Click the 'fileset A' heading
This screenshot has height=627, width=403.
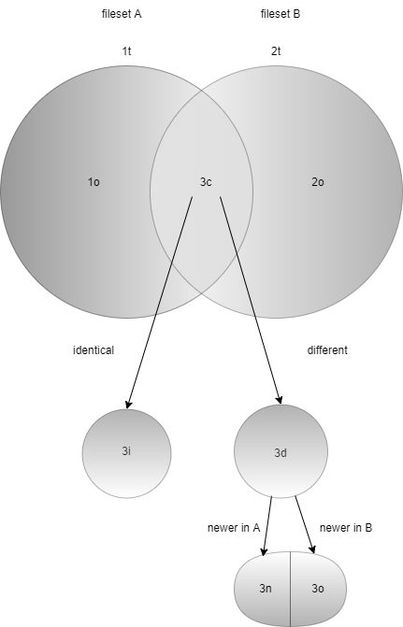[122, 14]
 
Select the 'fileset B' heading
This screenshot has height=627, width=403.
[281, 14]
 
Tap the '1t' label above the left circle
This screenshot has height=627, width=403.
[126, 51]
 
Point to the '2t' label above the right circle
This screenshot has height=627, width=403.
[276, 51]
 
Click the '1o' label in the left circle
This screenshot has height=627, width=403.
[94, 182]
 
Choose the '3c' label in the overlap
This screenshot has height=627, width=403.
[206, 182]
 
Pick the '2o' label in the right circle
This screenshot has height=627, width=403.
[318, 182]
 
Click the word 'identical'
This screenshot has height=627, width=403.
[94, 350]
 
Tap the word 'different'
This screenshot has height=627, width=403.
[327, 350]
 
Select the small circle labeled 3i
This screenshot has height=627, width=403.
[127, 454]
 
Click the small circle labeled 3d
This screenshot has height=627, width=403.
[281, 451]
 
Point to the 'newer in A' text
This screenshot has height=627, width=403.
[234, 528]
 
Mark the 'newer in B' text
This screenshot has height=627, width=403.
[346, 528]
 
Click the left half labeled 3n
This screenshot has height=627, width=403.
[263, 589]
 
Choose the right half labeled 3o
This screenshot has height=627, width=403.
[318, 589]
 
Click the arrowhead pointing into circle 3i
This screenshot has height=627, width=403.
[128, 405]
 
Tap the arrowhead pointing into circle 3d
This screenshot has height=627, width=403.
[280, 400]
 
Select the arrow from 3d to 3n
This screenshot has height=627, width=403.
[267, 526]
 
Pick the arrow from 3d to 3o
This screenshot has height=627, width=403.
[305, 525]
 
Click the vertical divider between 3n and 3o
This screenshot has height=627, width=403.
[291, 589]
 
